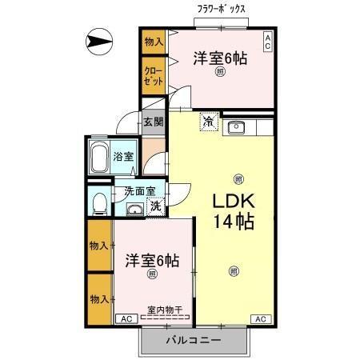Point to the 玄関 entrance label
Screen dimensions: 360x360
pyautogui.click(x=154, y=122)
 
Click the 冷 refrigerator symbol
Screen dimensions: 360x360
pyautogui.click(x=208, y=123)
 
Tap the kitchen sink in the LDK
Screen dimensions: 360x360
pyautogui.click(x=237, y=126)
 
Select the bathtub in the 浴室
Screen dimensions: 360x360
pyautogui.click(x=99, y=158)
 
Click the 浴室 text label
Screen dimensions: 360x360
pyautogui.click(x=122, y=158)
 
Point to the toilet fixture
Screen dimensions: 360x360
pyautogui.click(x=98, y=203)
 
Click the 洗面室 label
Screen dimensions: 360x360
pyautogui.click(x=140, y=192)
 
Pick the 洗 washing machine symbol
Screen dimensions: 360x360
pyautogui.click(x=157, y=206)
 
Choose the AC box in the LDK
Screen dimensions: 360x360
pyautogui.click(x=260, y=319)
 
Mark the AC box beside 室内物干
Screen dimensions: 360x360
pyautogui.click(x=125, y=319)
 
